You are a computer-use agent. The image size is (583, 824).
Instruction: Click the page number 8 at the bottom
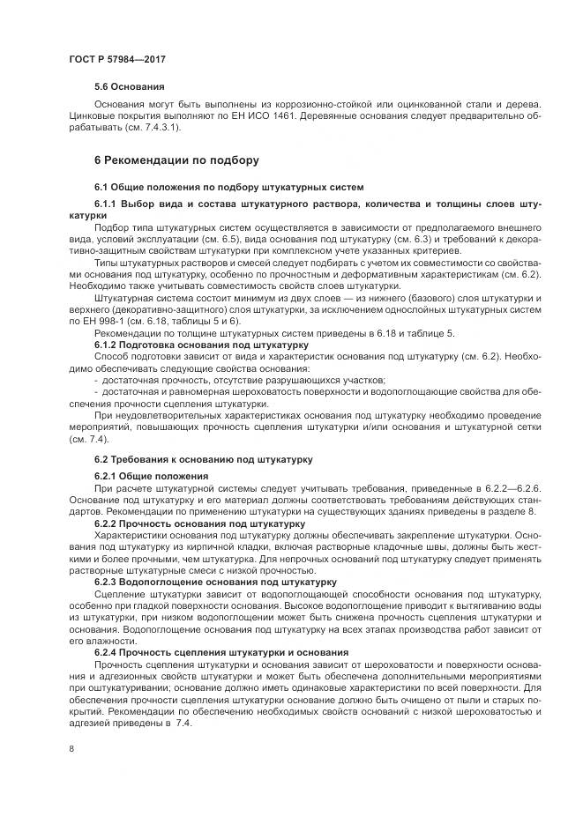click(71, 749)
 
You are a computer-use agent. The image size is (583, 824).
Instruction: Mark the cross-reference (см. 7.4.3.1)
click(133, 128)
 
